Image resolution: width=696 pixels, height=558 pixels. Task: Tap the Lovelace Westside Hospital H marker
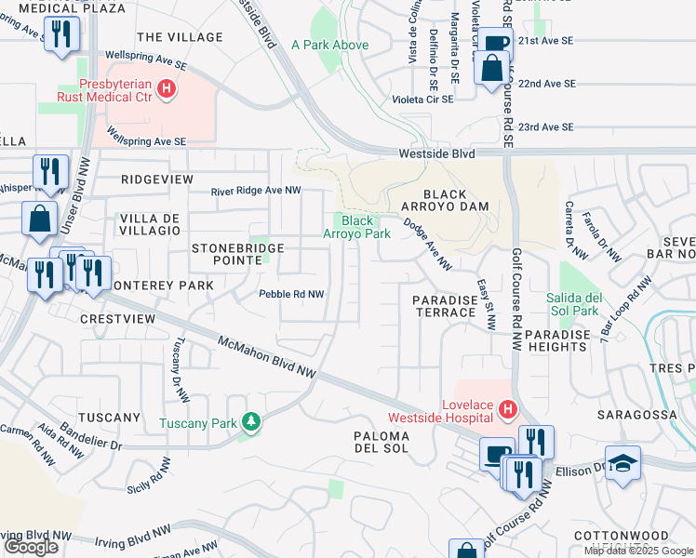click(x=507, y=408)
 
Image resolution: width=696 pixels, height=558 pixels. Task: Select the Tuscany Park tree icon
click(x=250, y=422)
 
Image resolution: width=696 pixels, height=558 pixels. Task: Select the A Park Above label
click(x=329, y=45)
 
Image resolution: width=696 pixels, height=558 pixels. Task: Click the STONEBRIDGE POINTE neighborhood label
click(x=227, y=254)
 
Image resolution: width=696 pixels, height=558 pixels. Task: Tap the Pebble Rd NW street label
click(x=290, y=294)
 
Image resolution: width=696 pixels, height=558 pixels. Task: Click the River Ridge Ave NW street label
click(x=256, y=191)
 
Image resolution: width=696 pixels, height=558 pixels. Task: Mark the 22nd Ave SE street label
click(x=547, y=84)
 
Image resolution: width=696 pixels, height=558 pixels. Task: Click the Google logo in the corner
click(x=31, y=547)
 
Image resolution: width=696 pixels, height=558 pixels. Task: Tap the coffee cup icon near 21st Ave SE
click(x=495, y=43)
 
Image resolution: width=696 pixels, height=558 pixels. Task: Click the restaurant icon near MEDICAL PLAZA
click(x=61, y=34)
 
